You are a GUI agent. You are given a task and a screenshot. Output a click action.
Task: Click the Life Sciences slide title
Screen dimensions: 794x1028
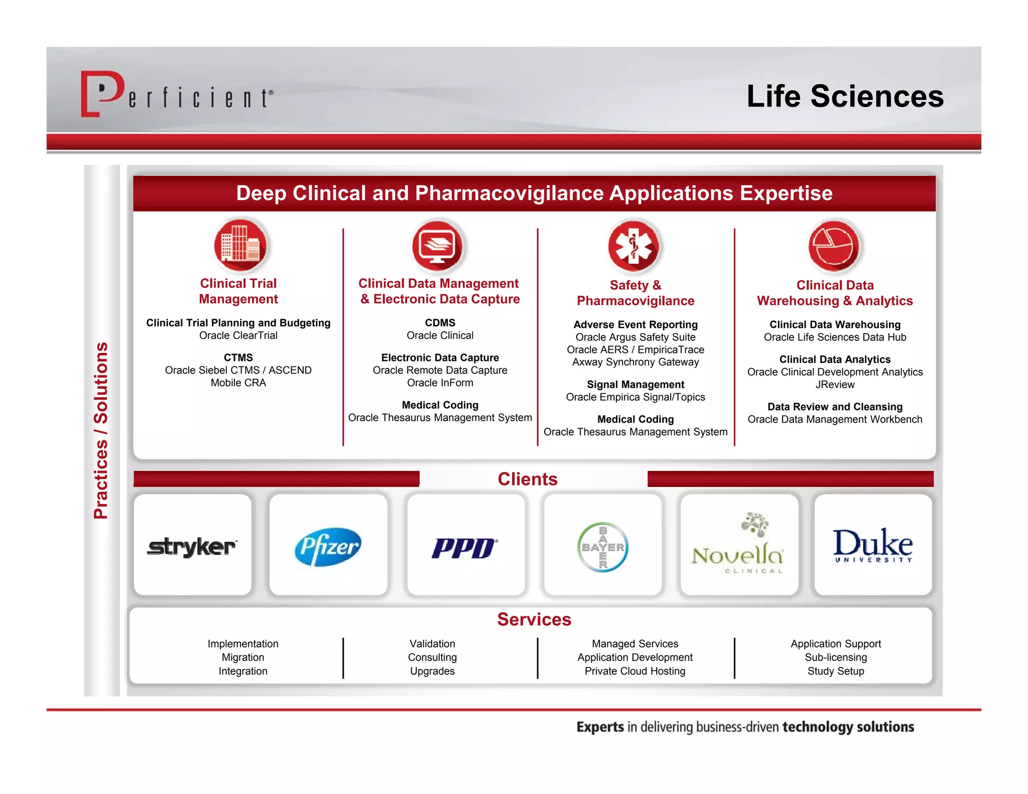point(845,96)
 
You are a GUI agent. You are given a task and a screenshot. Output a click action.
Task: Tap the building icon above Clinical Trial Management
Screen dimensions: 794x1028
point(240,245)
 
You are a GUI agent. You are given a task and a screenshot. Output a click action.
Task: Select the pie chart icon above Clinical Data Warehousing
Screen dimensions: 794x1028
point(833,245)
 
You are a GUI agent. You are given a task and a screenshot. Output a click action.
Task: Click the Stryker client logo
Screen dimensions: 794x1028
point(192,546)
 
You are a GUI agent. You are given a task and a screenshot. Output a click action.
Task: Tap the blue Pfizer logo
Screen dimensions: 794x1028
point(328,546)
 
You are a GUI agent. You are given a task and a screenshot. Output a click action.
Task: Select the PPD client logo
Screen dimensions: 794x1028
point(465,548)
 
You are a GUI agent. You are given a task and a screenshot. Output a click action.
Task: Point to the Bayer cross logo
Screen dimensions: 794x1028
point(602,547)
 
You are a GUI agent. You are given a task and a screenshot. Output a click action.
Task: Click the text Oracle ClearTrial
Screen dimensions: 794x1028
point(238,335)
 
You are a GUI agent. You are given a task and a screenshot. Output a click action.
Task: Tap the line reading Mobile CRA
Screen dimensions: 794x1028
point(238,382)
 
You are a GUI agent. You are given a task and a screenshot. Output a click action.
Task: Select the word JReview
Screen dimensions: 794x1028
point(835,384)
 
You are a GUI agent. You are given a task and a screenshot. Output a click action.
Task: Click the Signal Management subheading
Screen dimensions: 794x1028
point(635,384)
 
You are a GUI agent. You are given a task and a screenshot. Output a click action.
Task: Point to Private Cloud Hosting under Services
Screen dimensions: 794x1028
point(634,671)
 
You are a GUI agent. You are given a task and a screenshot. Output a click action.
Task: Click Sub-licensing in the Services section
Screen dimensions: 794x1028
point(835,657)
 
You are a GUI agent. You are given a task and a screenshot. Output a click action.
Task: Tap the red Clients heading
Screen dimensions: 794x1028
point(528,479)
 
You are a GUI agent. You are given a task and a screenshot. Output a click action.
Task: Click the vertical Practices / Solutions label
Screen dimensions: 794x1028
point(101,430)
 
